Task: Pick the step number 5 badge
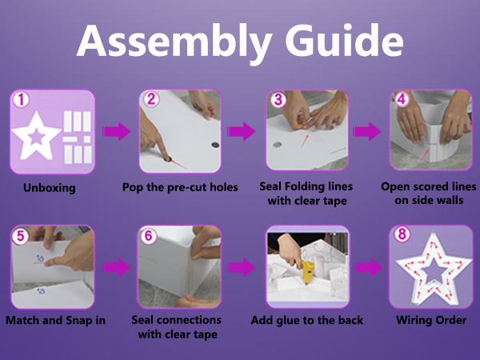[22, 238]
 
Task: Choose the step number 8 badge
[402, 238]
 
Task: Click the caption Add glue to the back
[307, 320]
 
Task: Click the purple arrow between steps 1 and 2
[115, 131]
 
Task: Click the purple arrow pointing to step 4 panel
[368, 131]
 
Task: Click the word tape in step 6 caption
[206, 334]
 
